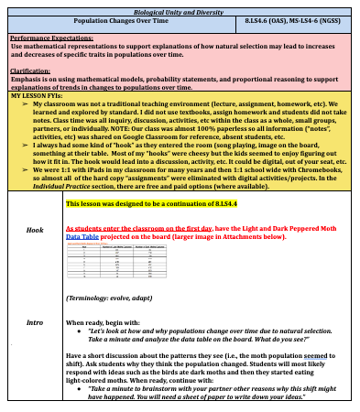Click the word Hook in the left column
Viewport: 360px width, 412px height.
(x=35, y=231)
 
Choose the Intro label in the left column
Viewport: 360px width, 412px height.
(x=35, y=323)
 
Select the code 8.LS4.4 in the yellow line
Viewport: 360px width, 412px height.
(x=203, y=202)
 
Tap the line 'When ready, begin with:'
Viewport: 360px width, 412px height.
(x=104, y=323)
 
